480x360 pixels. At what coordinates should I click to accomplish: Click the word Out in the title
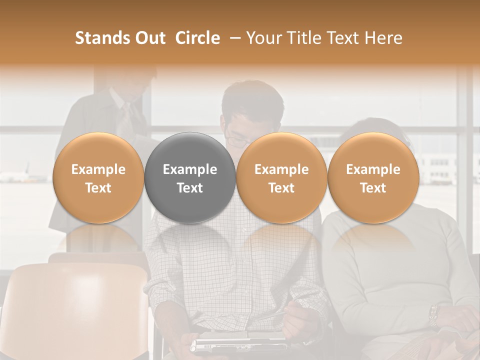[x=148, y=38]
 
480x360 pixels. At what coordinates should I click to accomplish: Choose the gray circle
[x=190, y=178]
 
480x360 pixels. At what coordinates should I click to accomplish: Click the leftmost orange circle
[x=98, y=178]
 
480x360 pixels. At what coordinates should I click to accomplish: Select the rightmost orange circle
[x=373, y=178]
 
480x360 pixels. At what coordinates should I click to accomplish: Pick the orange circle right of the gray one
[x=281, y=178]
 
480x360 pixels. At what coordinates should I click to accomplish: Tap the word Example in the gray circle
[x=190, y=169]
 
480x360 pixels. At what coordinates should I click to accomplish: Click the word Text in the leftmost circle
[x=98, y=188]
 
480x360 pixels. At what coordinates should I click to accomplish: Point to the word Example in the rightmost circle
[x=373, y=169]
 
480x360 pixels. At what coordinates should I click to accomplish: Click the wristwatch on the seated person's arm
[x=433, y=315]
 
